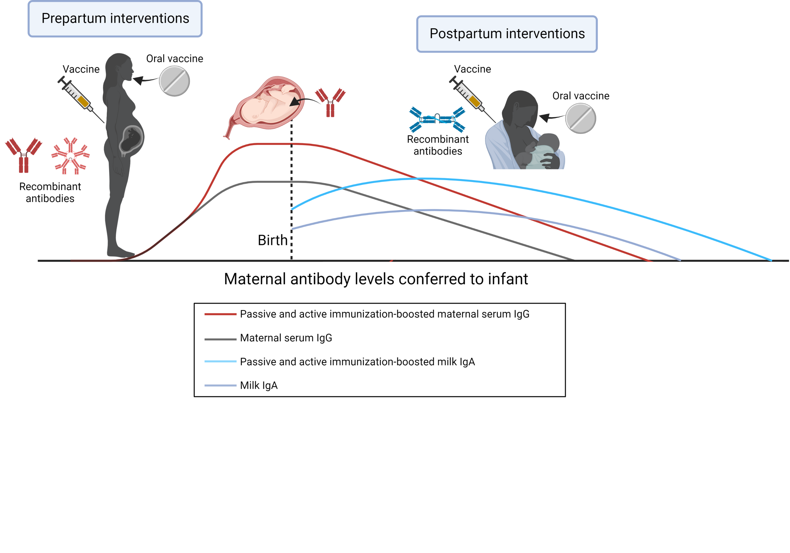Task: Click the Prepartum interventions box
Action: click(x=115, y=19)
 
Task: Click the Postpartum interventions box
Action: click(x=507, y=34)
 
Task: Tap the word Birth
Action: click(x=272, y=240)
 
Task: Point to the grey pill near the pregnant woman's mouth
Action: click(x=174, y=81)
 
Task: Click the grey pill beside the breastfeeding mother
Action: click(x=580, y=118)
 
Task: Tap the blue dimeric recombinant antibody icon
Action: click(x=437, y=119)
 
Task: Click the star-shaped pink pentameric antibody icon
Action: click(x=70, y=156)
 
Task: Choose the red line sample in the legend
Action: click(x=220, y=314)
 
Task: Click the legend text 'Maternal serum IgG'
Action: click(x=286, y=338)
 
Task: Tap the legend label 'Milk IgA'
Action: click(x=259, y=386)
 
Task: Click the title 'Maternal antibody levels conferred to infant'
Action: click(x=376, y=279)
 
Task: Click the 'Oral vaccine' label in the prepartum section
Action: click(x=174, y=59)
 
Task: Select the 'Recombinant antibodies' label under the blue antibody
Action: click(x=438, y=145)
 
